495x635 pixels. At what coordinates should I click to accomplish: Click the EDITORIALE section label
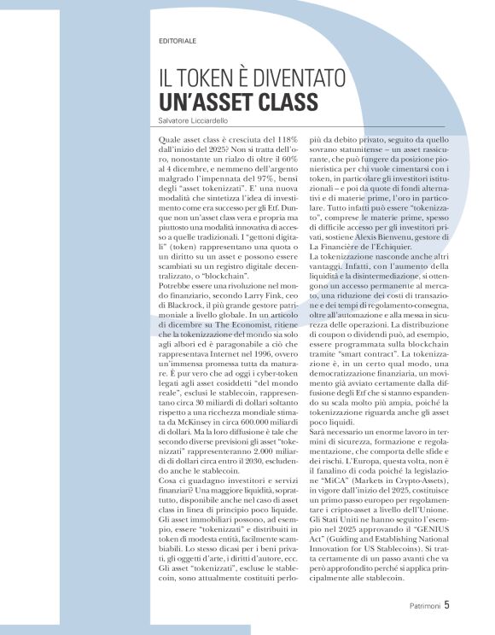tap(178, 40)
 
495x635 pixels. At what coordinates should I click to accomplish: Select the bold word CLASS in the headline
tap(282, 102)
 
